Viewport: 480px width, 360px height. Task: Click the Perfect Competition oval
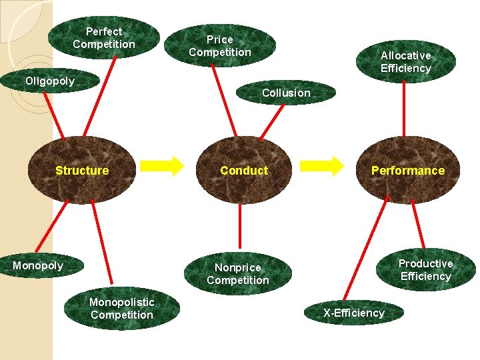pos(104,38)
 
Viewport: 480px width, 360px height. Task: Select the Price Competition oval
pos(220,46)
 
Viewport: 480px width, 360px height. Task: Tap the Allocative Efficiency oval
pos(405,61)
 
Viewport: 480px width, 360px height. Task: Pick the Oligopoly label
pos(50,81)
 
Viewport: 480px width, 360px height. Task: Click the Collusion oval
pos(286,93)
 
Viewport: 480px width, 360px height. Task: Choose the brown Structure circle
pos(83,171)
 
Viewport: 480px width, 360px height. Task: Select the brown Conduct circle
pos(245,171)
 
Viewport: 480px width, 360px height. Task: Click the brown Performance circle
pos(407,171)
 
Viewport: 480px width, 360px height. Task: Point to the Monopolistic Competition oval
pos(121,309)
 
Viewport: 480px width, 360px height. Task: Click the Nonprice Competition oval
pos(238,274)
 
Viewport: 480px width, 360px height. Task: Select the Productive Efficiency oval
pos(425,270)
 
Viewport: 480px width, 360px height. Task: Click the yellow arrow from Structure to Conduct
pos(163,166)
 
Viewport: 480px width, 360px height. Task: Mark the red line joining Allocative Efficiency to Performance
pos(404,110)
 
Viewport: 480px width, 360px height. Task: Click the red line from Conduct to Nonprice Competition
pos(240,227)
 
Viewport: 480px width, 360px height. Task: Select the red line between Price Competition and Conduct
pos(225,100)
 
